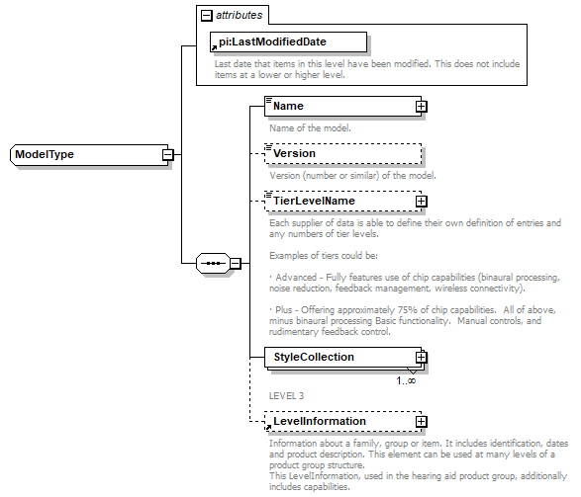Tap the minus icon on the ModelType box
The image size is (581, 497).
[x=168, y=155]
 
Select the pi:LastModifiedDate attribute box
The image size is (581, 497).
[x=287, y=41]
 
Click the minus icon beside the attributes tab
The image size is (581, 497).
[x=206, y=16]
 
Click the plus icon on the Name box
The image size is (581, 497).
[x=421, y=106]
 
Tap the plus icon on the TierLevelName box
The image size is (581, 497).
[x=421, y=202]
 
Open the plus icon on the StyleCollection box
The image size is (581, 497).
[x=421, y=357]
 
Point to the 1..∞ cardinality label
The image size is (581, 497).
[x=406, y=380]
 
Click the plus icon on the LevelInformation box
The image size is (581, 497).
[x=421, y=422]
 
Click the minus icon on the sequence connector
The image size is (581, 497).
[x=235, y=264]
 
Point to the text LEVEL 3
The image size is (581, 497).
[x=287, y=396]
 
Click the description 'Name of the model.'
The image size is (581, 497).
[x=310, y=128]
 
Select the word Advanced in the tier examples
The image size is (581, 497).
[x=296, y=278]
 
